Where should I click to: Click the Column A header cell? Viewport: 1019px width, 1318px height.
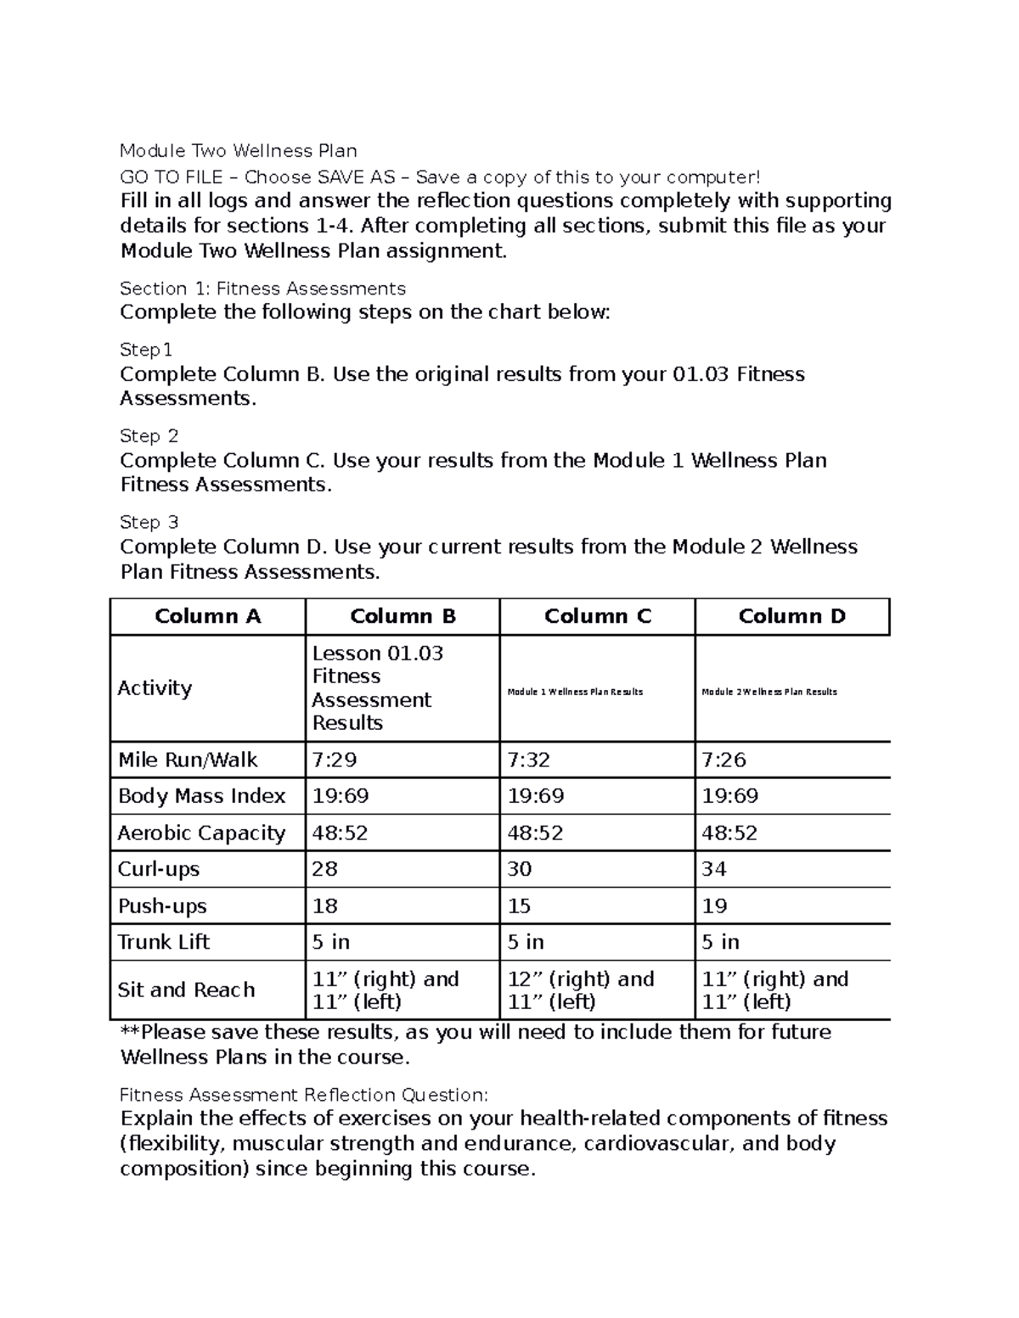pos(207,616)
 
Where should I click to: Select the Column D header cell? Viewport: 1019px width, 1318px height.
pos(791,616)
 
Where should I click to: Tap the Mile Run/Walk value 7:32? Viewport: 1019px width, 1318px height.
pos(529,760)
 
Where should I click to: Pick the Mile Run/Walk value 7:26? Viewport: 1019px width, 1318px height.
pos(723,760)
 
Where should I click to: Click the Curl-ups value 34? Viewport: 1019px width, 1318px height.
pos(714,869)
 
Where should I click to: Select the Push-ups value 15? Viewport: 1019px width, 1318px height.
pos(519,906)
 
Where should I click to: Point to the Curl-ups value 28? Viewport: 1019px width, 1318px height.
pos(324,869)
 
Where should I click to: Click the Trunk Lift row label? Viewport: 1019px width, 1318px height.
pos(164,942)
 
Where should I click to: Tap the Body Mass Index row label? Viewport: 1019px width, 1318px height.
pos(201,796)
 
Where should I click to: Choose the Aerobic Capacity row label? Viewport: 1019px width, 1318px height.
pos(201,833)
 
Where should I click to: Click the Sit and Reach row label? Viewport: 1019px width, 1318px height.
pos(186,990)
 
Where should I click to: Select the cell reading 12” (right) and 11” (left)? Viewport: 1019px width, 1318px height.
pos(581,990)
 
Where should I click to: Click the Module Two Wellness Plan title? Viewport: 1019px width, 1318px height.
pos(238,151)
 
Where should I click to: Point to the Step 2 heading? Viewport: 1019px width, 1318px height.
pos(149,436)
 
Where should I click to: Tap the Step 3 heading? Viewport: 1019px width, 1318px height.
pos(149,522)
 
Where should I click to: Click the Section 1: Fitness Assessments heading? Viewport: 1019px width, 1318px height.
pos(262,289)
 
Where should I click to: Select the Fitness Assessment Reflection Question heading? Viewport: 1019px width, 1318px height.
pos(304,1094)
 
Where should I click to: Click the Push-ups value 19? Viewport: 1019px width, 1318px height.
pos(714,906)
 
